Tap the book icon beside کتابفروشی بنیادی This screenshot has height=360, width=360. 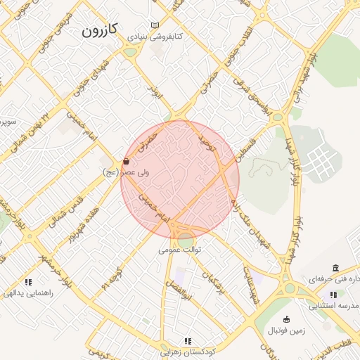point(155,25)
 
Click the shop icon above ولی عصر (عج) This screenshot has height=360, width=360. point(126,161)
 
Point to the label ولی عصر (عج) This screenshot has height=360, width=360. point(120,172)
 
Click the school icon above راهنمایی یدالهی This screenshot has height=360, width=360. point(27,282)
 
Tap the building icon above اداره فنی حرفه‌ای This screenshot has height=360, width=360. point(335,269)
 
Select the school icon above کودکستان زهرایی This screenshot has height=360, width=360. point(188,340)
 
